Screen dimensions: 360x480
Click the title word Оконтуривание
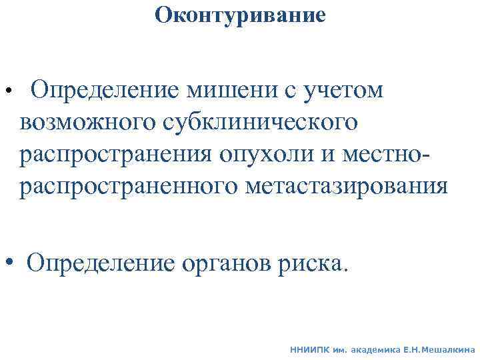240,15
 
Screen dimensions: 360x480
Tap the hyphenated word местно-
392,155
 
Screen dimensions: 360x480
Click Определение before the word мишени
104,90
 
